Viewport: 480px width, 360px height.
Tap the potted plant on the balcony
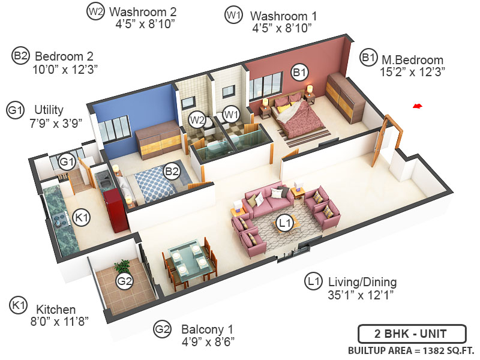tap(123, 266)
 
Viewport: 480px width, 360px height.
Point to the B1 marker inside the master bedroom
tap(299, 73)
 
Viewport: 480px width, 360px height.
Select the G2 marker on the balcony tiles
tap(124, 281)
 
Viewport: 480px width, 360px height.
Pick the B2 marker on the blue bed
tap(172, 172)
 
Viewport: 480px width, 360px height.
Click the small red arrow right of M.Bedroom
tap(418, 106)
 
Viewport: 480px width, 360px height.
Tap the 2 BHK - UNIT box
tap(411, 334)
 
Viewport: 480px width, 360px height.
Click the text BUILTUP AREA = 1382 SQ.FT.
tap(411, 350)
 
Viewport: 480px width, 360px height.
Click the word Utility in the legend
tap(49, 110)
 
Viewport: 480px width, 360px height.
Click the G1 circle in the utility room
tap(67, 161)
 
